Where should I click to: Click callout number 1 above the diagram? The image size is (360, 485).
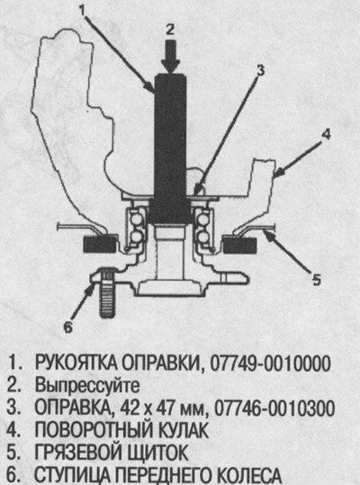(x=82, y=10)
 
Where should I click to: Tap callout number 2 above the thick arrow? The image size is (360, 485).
(x=170, y=30)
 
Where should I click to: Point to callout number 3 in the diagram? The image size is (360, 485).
(x=261, y=70)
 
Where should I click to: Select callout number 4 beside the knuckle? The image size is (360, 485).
(x=326, y=135)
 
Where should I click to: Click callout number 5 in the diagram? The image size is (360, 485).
(x=317, y=280)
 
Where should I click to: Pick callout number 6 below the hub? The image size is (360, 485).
(x=68, y=327)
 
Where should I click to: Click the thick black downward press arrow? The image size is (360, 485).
(x=170, y=56)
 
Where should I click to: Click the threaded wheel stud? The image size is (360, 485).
(x=107, y=294)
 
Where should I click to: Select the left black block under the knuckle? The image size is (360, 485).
(x=100, y=245)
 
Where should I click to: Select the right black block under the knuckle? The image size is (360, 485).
(x=239, y=245)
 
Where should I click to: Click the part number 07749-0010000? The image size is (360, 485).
(x=270, y=364)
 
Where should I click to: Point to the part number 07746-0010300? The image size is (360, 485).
(x=274, y=409)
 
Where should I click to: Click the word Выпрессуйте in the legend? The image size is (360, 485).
(x=87, y=386)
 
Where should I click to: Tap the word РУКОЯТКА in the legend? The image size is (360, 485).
(x=76, y=363)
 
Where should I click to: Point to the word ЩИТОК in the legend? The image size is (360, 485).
(x=157, y=454)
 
